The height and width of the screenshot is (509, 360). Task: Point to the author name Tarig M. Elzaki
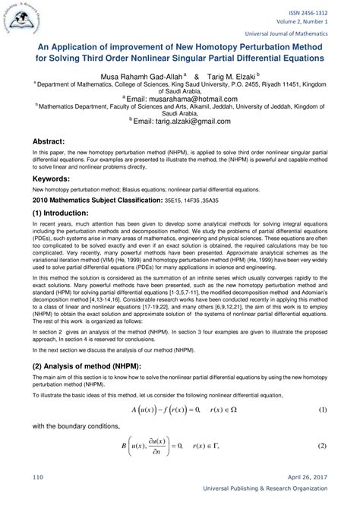231,77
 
